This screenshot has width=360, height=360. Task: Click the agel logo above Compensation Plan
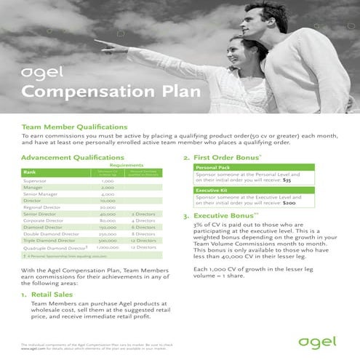[x=39, y=73]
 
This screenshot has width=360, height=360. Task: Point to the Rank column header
[x=30, y=172]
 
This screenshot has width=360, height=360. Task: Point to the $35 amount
[x=287, y=180]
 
